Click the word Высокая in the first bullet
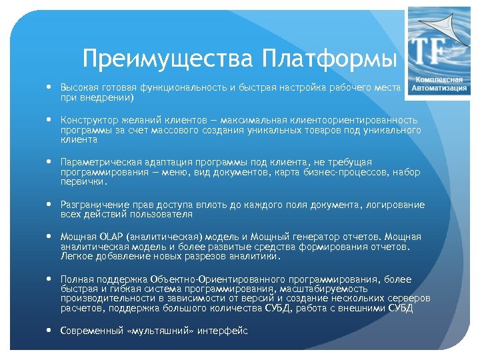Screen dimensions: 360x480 tap(78, 88)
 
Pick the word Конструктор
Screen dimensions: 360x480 tap(88, 121)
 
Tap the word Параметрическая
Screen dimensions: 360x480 tap(97, 163)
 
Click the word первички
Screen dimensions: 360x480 tap(82, 181)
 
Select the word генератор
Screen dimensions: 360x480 tap(305, 237)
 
